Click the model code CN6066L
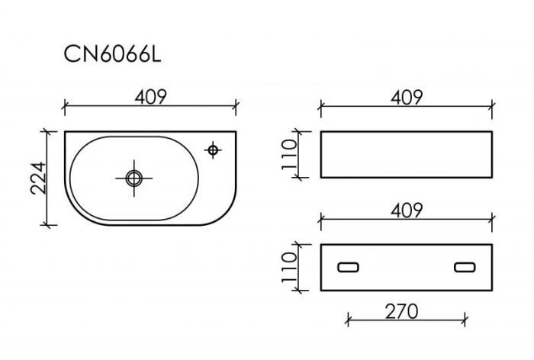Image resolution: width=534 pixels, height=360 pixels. click(111, 55)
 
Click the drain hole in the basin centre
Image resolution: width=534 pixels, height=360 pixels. click(133, 178)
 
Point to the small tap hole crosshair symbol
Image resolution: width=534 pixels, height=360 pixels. click(214, 149)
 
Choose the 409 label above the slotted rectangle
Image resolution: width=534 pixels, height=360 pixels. click(407, 210)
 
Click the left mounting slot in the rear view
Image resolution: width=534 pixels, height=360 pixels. click(349, 267)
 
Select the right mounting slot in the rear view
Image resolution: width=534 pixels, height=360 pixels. click(465, 267)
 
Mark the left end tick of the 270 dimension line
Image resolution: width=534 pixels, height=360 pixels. click(348, 320)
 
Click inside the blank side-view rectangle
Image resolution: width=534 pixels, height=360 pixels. click(407, 155)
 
